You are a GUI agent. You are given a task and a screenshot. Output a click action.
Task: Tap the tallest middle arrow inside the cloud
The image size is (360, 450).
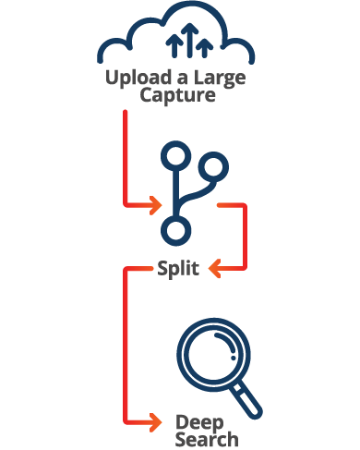click(189, 38)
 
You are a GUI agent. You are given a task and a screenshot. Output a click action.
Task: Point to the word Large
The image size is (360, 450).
click(222, 78)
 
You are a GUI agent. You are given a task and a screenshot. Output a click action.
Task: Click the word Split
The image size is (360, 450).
click(179, 270)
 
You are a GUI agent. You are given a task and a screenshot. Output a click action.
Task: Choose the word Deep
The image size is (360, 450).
click(194, 422)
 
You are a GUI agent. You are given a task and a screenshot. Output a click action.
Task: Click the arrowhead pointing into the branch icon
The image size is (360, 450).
click(153, 205)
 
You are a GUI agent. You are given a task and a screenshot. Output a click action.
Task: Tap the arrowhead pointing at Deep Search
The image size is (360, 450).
click(154, 422)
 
